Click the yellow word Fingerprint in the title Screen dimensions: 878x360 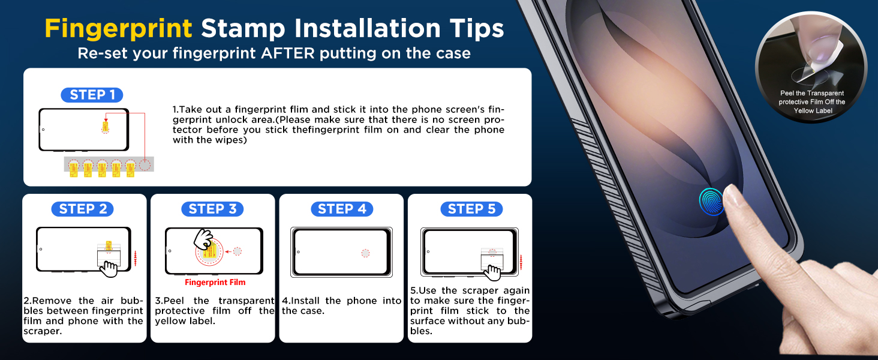tap(118, 29)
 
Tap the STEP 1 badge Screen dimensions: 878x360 tap(92, 95)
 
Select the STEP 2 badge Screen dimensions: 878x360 tap(83, 209)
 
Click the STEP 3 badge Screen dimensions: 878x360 tap(212, 209)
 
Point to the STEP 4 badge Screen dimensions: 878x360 tap(342, 209)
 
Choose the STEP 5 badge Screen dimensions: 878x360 tap(471, 209)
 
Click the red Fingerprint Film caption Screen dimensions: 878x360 tap(215, 283)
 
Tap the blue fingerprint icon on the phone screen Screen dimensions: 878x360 tap(711, 202)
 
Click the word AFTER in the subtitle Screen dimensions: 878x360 tap(288, 53)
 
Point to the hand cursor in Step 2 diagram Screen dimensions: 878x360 tap(109, 269)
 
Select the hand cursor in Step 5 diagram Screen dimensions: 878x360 tap(492, 273)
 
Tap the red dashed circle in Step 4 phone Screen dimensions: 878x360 tap(365, 253)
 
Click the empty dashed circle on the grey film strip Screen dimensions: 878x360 tap(145, 165)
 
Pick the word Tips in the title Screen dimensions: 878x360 tap(477, 29)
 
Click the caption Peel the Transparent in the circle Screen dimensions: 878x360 tap(812, 94)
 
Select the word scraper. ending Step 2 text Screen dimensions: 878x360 tap(43, 331)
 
